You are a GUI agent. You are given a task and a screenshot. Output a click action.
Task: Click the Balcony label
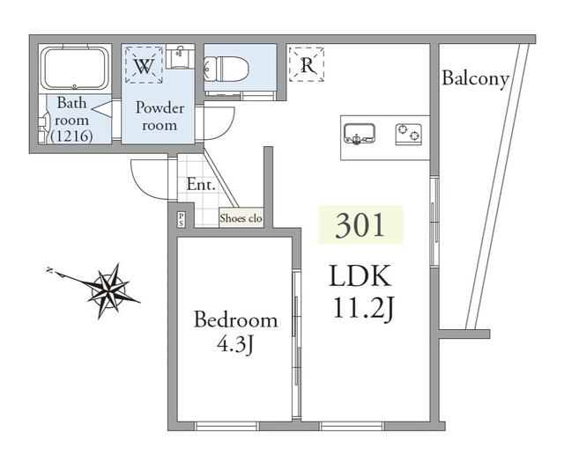coord(476,79)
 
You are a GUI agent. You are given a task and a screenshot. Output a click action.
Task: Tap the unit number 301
coord(360,225)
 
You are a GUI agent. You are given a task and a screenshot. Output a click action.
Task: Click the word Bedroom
coord(235,320)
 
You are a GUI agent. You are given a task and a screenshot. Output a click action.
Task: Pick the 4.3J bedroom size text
coord(235,344)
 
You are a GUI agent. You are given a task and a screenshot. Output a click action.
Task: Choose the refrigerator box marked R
coord(307,64)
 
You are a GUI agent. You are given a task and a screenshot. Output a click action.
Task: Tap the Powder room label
coord(159,116)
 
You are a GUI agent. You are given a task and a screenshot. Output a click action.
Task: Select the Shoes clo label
coord(241,218)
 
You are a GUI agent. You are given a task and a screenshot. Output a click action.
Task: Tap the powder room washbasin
coord(179,58)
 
